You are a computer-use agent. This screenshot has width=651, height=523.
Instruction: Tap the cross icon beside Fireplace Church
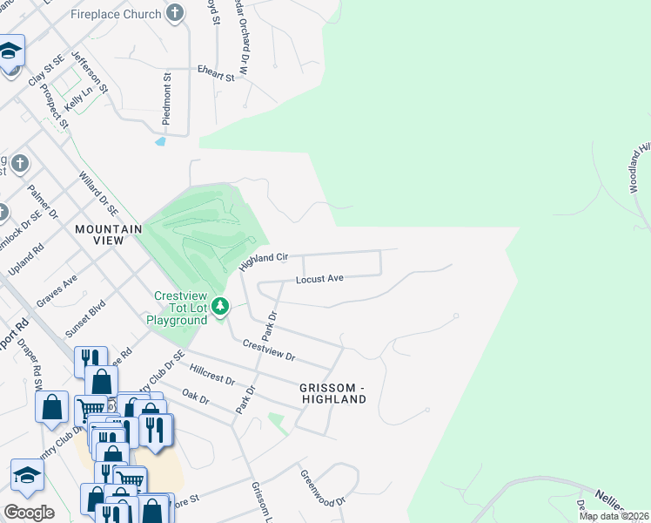click(176, 13)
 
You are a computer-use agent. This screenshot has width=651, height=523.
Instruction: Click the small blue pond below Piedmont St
click(159, 140)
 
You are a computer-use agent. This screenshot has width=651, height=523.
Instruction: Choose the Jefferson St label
click(90, 71)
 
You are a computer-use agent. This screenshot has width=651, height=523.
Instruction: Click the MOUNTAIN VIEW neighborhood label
click(108, 229)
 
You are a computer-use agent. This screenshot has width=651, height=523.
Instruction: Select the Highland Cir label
click(263, 260)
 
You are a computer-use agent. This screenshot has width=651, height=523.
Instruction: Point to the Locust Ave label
click(319, 279)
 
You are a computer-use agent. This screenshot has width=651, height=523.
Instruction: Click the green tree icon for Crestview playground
click(222, 305)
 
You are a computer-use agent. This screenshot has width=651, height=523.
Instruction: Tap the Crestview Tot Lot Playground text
click(181, 308)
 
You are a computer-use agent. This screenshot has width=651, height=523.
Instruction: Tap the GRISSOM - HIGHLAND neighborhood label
click(333, 392)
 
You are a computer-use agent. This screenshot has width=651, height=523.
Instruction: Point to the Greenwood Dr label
click(323, 488)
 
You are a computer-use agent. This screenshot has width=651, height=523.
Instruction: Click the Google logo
click(29, 512)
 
